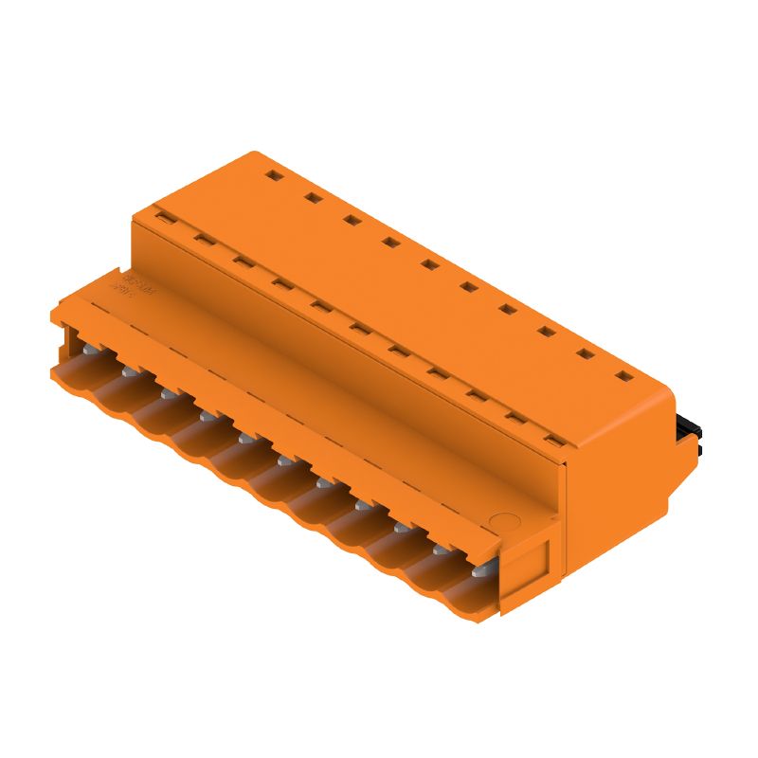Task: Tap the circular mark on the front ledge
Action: tap(506, 521)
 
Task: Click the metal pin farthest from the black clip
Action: tap(88, 352)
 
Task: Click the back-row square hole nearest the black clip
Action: tap(623, 376)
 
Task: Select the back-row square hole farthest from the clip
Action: tap(272, 176)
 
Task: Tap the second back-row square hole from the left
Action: tap(312, 198)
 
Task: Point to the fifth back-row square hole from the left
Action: tap(429, 265)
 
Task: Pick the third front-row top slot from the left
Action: tap(241, 261)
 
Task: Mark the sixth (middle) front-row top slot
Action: tap(358, 328)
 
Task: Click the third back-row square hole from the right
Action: tap(546, 333)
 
